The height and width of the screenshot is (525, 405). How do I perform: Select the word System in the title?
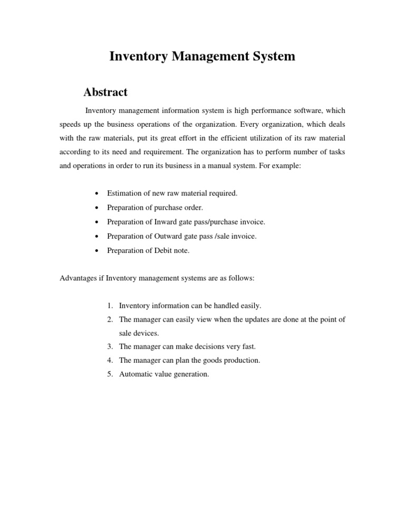pos(271,57)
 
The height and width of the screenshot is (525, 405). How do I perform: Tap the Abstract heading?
pos(105,92)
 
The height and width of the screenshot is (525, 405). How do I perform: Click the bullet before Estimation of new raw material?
pos(95,194)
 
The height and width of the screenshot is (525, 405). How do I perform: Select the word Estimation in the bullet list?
pos(125,193)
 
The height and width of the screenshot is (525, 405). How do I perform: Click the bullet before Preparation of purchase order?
pos(95,208)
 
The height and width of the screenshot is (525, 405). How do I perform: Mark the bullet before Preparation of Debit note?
pos(95,251)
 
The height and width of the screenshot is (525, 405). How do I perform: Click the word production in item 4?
pos(242,360)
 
